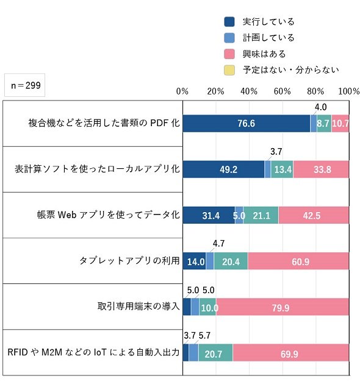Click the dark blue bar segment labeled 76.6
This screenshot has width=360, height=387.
247,123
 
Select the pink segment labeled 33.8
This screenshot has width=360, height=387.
321,169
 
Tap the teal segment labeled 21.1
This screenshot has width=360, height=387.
261,215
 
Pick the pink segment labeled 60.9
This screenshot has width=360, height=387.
298,261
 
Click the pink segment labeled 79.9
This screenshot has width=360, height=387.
283,307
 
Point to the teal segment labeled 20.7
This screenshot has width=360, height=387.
215,353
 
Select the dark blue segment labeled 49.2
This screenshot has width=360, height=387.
223,169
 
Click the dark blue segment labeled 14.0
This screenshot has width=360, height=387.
195,261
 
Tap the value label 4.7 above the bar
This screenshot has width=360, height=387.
218,244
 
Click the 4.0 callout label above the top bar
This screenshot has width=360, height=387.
321,107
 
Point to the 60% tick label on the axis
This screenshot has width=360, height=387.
282,91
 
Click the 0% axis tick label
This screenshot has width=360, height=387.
182,91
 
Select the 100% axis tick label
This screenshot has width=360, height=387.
348,91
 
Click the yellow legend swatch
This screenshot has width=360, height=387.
229,70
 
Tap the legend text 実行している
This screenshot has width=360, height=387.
268,22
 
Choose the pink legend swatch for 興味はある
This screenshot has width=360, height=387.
229,54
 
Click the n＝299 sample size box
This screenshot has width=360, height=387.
24,85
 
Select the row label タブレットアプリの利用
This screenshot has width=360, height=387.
129,261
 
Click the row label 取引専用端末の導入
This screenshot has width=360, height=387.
139,307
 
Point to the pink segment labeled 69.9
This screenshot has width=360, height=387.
291,353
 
